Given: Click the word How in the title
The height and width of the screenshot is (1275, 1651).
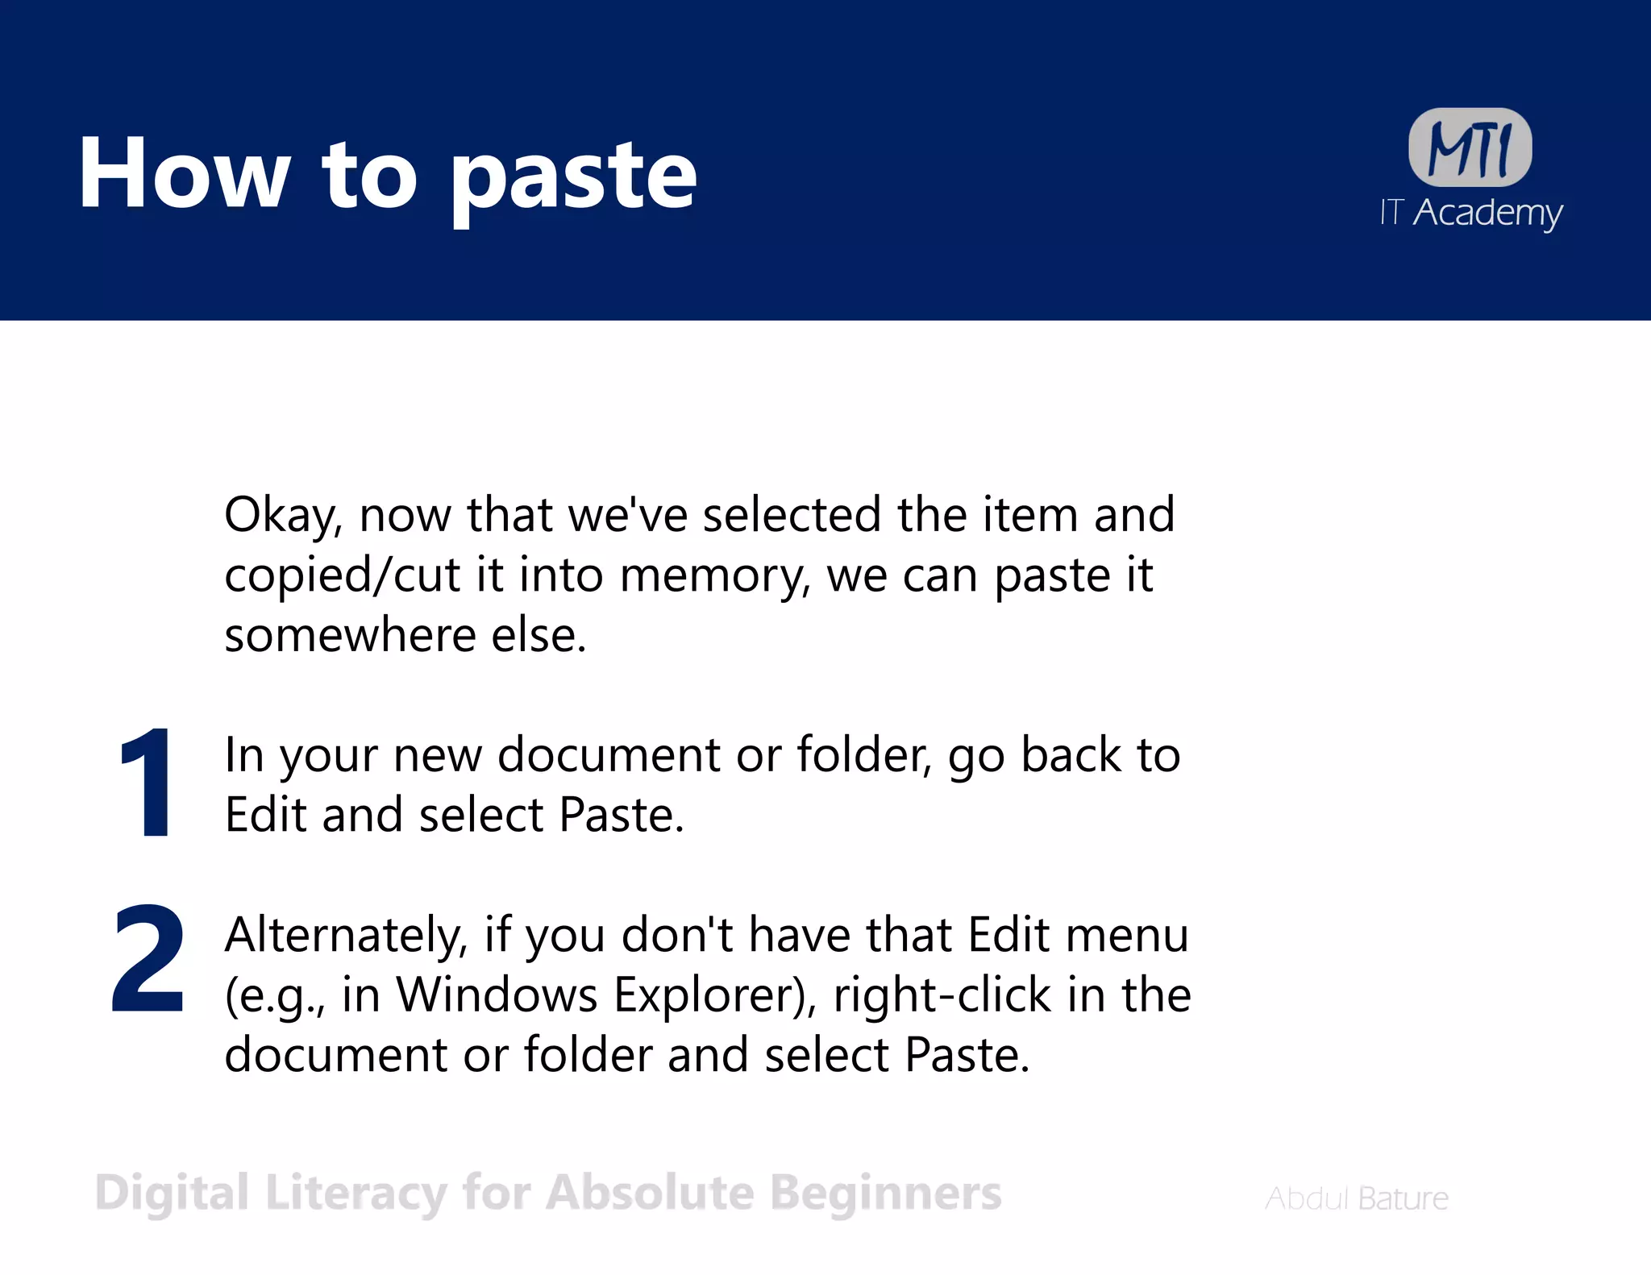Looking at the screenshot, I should pyautogui.click(x=184, y=174).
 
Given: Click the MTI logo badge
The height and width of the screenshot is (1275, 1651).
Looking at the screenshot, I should pyautogui.click(x=1470, y=147).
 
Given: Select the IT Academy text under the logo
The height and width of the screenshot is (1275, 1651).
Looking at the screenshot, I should pyautogui.click(x=1470, y=213).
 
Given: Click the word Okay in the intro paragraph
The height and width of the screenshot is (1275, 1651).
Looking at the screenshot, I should pyautogui.click(x=283, y=516).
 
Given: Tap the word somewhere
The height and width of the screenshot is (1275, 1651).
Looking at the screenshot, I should pyautogui.click(x=350, y=636).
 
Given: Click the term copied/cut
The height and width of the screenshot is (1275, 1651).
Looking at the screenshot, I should pyautogui.click(x=343, y=575).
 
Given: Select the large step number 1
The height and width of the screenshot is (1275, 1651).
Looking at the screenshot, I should pyautogui.click(x=146, y=782).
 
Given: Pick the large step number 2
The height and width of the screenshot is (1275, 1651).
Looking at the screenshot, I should pyautogui.click(x=148, y=959).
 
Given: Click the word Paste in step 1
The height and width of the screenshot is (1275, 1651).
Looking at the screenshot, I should pyautogui.click(x=621, y=815).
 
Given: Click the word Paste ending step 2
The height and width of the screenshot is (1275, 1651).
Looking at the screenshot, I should pyautogui.click(x=967, y=1055).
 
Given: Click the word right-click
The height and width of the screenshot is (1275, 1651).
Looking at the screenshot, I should pyautogui.click(x=942, y=995).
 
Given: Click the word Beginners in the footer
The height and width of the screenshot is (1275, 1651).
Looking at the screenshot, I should pyautogui.click(x=885, y=1194).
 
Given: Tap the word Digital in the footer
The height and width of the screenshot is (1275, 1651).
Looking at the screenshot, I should pyautogui.click(x=172, y=1194).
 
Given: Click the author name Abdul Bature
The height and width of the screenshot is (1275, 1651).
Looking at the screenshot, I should pyautogui.click(x=1357, y=1198).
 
